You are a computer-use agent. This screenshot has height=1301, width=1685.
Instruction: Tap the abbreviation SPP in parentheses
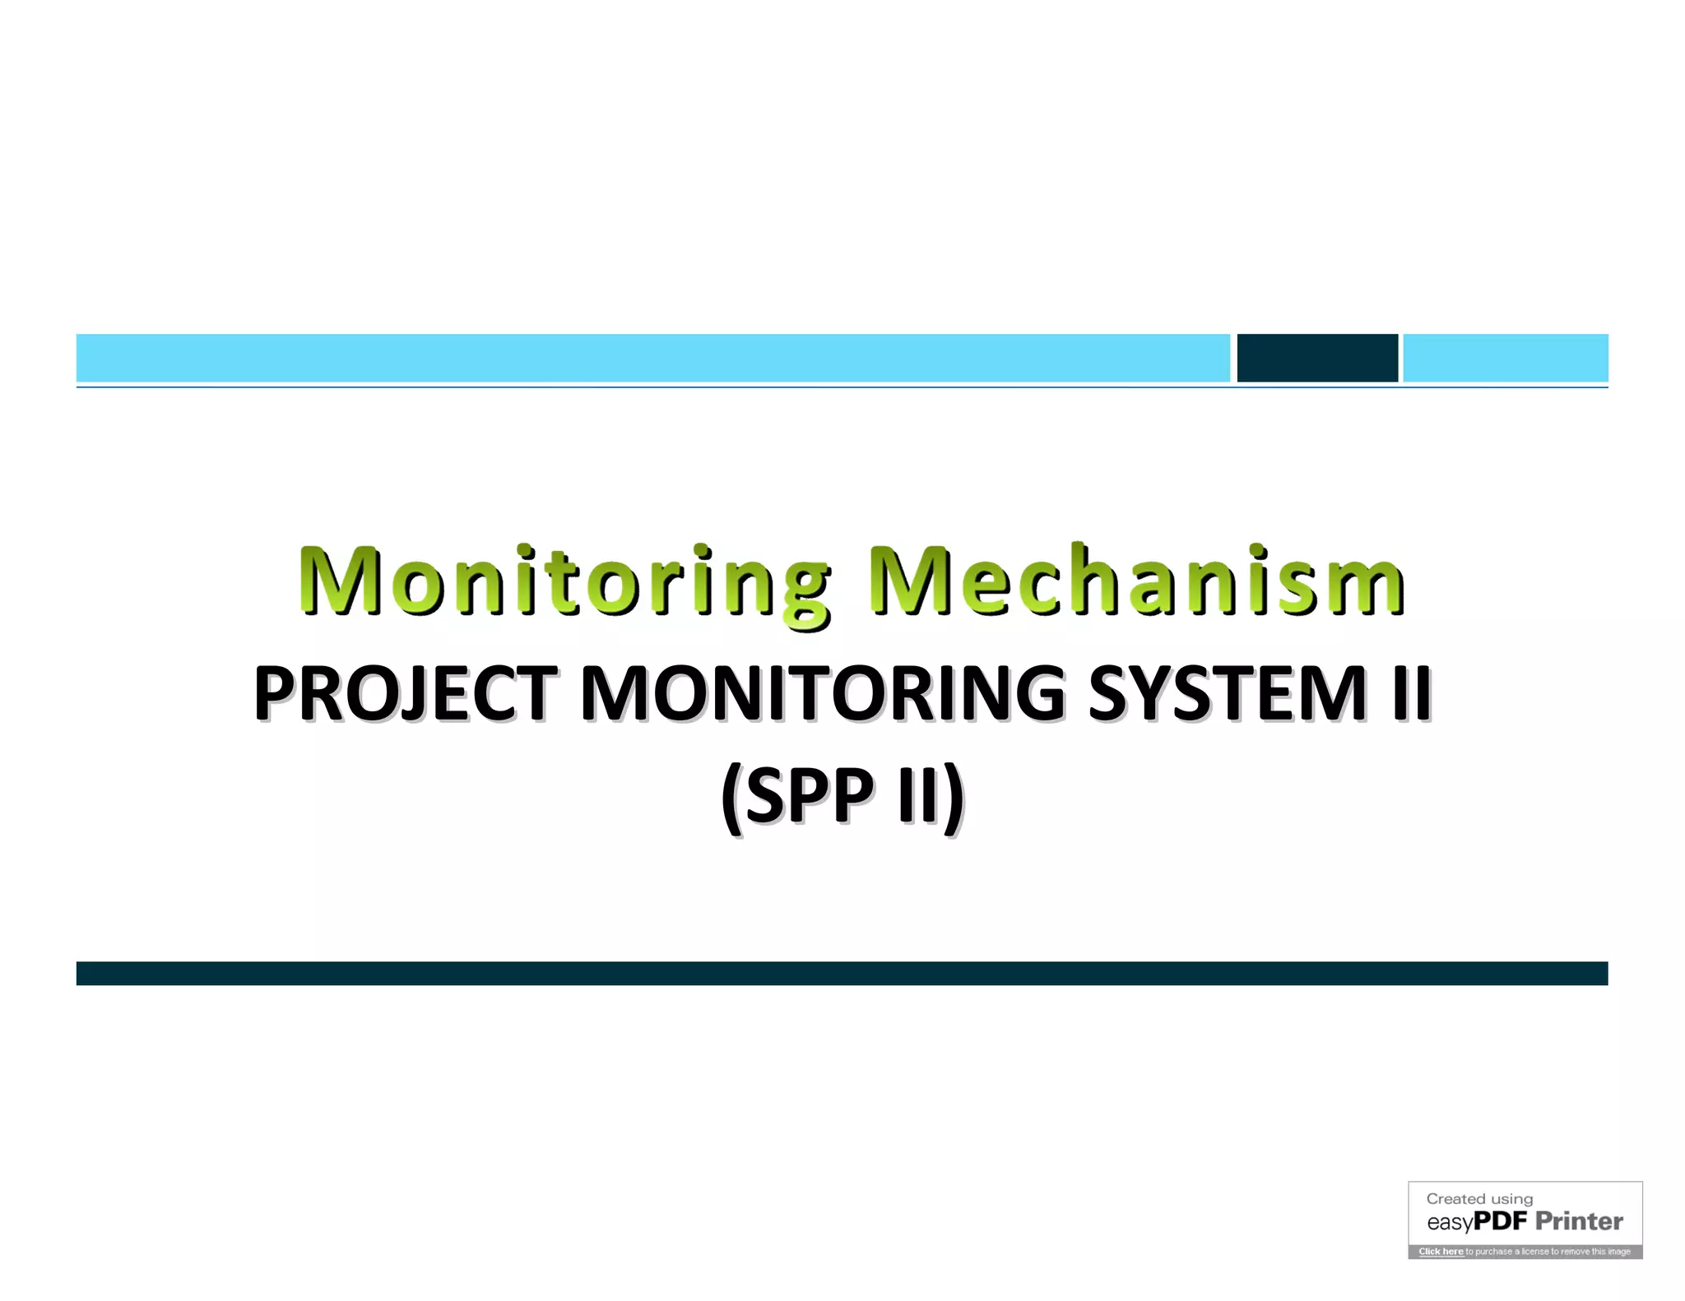tap(810, 795)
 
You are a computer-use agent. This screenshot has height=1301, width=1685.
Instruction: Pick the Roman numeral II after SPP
tap(917, 795)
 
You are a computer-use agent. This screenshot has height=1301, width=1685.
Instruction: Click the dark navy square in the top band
tap(1316, 358)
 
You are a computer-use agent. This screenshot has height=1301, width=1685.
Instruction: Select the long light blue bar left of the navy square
tap(652, 358)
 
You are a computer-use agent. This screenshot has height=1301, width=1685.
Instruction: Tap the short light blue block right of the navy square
tap(1505, 358)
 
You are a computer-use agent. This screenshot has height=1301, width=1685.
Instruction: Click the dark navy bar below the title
tap(842, 973)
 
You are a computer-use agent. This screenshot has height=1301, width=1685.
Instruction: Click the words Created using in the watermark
tap(1479, 1198)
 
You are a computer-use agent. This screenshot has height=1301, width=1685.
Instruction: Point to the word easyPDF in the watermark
tap(1476, 1222)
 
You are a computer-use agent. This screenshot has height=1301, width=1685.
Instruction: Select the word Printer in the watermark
tap(1579, 1221)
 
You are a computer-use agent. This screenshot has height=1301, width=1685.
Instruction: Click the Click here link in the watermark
tap(1441, 1251)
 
